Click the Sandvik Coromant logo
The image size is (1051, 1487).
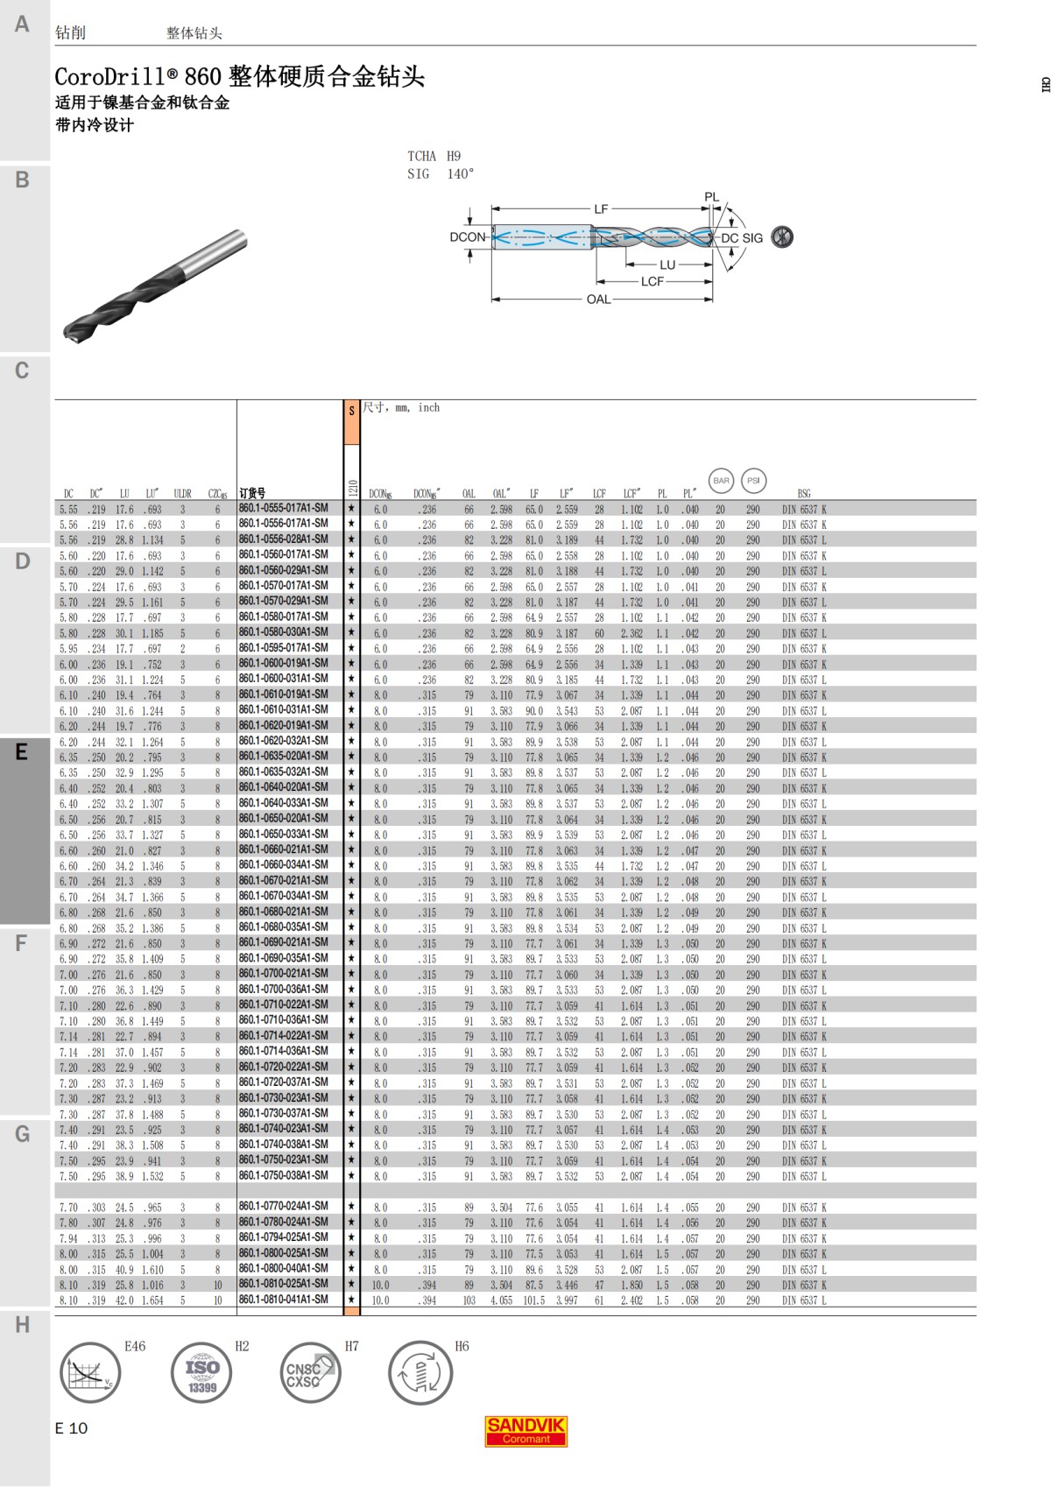(x=525, y=1430)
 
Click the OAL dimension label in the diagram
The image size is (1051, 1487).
(x=598, y=300)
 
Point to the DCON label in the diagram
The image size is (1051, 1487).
(x=467, y=237)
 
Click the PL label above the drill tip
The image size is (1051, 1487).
(x=711, y=198)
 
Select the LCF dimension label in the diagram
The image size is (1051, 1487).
(x=652, y=282)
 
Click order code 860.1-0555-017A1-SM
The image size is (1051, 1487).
(x=283, y=509)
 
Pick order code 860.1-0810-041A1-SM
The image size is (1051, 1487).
(x=283, y=1300)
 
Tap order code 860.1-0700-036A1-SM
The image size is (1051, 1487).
(x=283, y=990)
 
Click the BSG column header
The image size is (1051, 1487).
(x=803, y=494)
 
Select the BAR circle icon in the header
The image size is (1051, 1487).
(x=721, y=481)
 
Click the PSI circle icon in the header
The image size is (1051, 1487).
(x=753, y=481)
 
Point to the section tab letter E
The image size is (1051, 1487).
(x=22, y=752)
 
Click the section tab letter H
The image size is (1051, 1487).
(x=22, y=1325)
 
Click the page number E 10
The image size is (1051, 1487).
(x=71, y=1428)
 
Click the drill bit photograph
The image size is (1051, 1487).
(x=155, y=285)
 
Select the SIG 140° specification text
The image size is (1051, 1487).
(x=440, y=174)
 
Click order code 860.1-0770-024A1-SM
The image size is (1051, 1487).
(x=283, y=1207)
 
